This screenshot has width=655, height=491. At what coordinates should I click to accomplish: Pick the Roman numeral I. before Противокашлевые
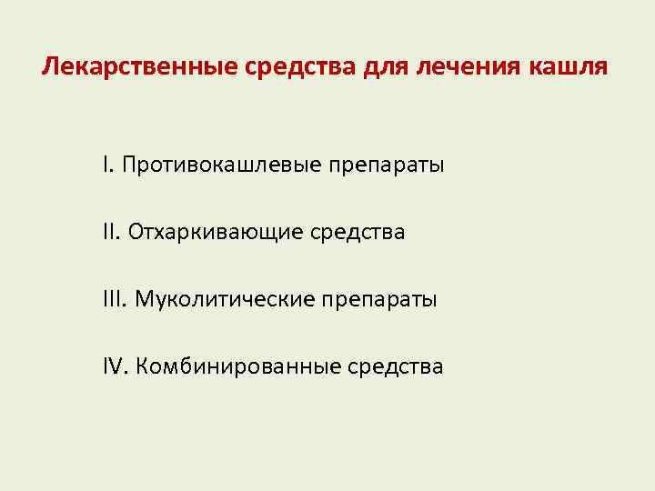[107, 165]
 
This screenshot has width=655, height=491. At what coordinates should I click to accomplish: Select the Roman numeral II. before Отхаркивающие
[111, 233]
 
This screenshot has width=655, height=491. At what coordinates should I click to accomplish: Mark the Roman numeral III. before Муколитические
[115, 299]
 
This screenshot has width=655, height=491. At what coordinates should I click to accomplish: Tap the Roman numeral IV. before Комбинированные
[116, 366]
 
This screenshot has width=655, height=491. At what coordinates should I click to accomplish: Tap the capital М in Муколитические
[144, 299]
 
